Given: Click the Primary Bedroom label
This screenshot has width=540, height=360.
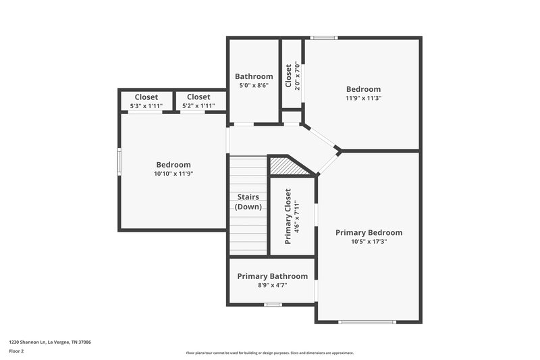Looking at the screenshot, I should tap(369, 232).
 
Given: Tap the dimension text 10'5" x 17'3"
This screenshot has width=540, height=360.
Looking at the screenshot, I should tap(369, 242).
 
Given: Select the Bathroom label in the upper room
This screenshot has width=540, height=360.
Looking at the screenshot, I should tap(254, 76).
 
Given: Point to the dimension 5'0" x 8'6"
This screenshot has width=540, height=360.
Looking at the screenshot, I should tap(254, 86).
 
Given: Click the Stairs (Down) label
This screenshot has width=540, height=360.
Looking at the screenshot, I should tap(248, 202).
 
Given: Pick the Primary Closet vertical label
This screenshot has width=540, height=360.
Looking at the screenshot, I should tap(288, 215).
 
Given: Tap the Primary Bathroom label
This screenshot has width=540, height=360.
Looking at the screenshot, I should tap(272, 276).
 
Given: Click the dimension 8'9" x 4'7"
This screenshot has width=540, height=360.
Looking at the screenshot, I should tap(272, 285).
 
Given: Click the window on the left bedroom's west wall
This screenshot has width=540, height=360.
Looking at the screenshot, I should tap(119, 162).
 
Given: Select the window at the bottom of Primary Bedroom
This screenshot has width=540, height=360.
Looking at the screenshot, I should tap(367, 322).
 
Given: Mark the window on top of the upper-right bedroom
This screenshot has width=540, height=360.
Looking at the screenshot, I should tap(324, 38).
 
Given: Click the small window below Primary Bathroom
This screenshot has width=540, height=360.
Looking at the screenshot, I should tap(272, 305).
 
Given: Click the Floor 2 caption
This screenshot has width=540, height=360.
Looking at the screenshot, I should tap(17, 351).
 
